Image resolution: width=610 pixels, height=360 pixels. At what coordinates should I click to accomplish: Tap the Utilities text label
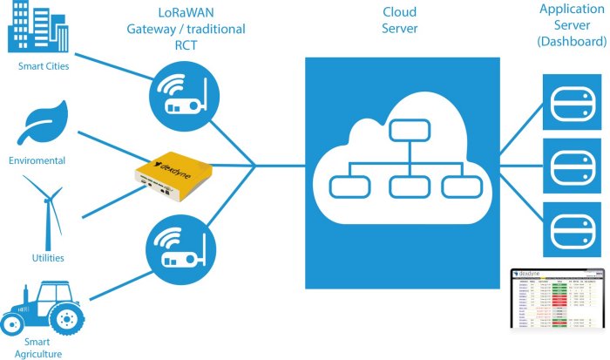point(48,258)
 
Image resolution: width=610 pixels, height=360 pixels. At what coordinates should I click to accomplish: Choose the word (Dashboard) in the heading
point(572,41)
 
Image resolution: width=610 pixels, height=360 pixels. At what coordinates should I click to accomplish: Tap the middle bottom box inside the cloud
point(404,186)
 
